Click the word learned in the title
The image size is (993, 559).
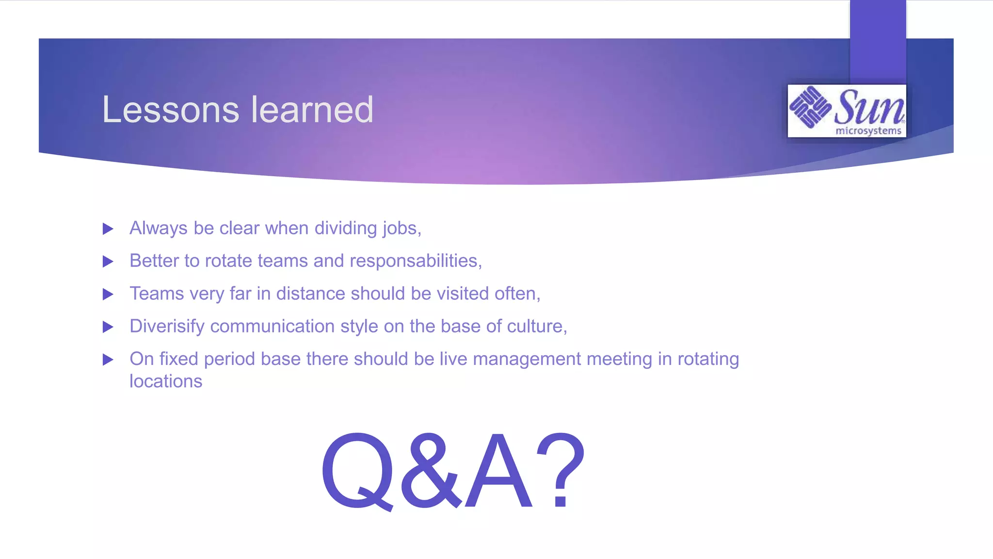pyautogui.click(x=312, y=110)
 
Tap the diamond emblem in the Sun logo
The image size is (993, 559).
pyautogui.click(x=810, y=107)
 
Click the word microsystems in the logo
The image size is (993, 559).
pyautogui.click(x=868, y=131)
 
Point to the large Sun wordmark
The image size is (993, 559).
pyautogui.click(x=869, y=107)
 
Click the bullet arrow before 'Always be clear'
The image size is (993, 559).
pyautogui.click(x=108, y=229)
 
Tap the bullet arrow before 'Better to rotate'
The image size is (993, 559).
pyautogui.click(x=108, y=262)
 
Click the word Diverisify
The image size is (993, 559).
pyautogui.click(x=167, y=327)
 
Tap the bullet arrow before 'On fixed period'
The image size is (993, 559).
pyautogui.click(x=108, y=360)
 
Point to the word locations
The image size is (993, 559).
pyautogui.click(x=166, y=381)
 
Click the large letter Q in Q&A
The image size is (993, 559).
pyautogui.click(x=358, y=471)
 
